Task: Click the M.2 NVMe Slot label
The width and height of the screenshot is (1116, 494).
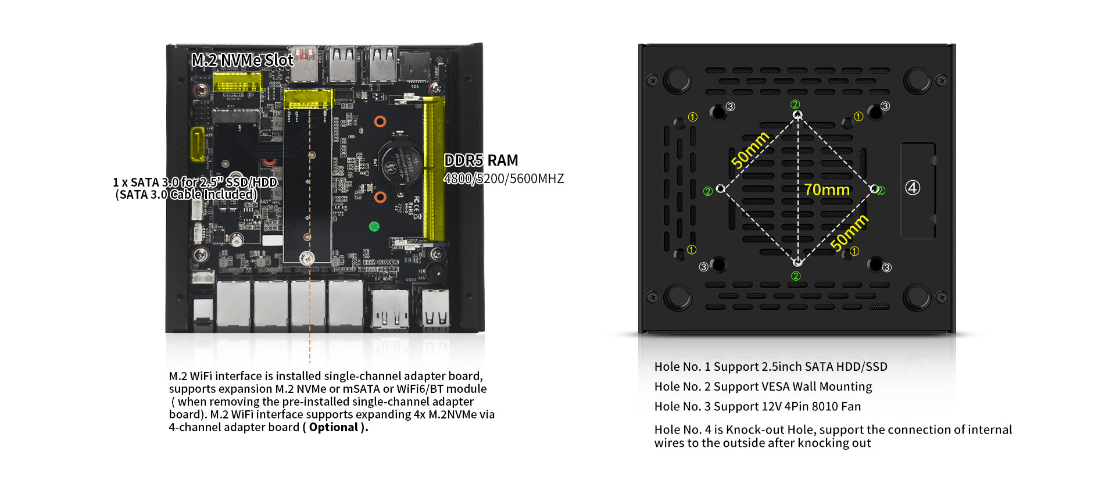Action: (242, 60)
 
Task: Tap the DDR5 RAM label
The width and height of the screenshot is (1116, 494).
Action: (481, 160)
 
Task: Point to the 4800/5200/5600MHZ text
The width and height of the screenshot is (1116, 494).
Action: (503, 179)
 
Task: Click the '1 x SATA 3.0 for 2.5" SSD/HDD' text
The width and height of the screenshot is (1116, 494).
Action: (195, 182)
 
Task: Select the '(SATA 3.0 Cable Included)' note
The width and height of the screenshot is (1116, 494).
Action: (186, 195)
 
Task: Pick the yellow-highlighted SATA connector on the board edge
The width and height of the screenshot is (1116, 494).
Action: (198, 144)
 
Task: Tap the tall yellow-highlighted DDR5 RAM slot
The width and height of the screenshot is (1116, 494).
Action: (434, 169)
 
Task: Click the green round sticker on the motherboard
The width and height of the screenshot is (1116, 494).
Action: (374, 226)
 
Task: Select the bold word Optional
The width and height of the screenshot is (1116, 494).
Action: (334, 428)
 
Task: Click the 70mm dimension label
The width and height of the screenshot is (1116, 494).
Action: (827, 190)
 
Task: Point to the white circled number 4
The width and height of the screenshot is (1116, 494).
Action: (913, 188)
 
